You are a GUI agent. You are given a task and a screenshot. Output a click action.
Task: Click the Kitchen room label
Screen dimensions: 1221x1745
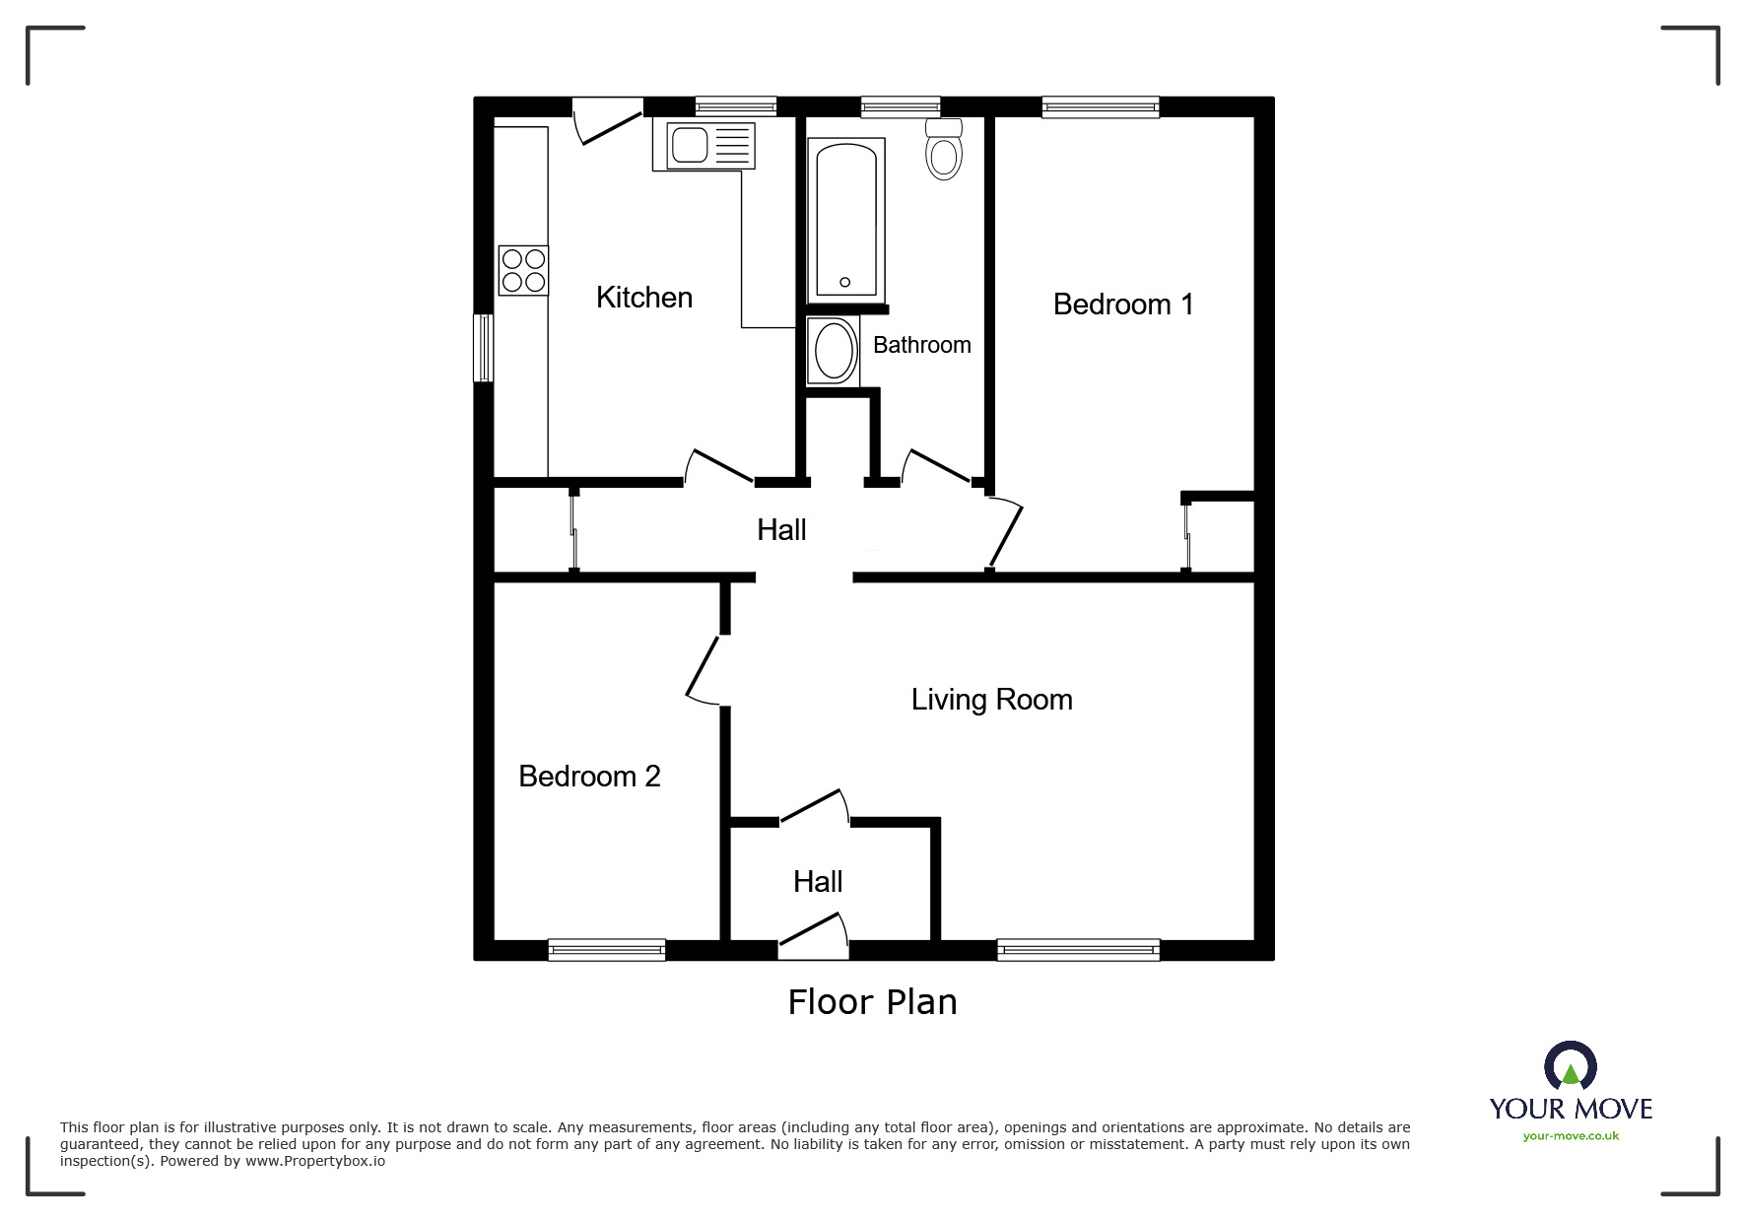click(643, 298)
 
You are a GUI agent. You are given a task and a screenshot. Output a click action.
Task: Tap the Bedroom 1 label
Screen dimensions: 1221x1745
click(1122, 305)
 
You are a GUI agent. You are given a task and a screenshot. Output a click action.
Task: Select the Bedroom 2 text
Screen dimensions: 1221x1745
click(589, 777)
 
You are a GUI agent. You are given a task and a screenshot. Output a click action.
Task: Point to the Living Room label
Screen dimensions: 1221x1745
click(991, 700)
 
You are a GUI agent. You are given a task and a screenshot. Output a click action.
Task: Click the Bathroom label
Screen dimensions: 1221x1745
click(921, 345)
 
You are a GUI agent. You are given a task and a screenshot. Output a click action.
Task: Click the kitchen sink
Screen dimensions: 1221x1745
click(703, 146)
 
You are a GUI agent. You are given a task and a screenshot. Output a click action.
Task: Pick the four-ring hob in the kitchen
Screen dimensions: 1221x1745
click(523, 270)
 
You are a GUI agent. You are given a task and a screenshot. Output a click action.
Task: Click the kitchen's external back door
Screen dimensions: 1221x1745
click(606, 120)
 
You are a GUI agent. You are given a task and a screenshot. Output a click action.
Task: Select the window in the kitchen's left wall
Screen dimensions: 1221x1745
click(483, 348)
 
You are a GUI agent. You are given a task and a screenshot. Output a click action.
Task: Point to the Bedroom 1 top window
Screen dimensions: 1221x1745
click(1100, 107)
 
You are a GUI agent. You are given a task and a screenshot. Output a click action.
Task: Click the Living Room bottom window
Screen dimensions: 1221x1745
click(1078, 950)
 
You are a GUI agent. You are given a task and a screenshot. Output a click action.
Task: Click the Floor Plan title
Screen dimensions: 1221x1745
click(872, 1002)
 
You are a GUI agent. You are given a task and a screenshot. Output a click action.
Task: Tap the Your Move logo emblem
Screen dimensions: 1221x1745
click(1570, 1066)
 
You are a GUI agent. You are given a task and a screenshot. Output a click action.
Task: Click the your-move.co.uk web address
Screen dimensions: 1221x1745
click(1571, 1136)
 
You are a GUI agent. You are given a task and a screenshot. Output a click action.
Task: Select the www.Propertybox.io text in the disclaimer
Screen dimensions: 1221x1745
click(315, 1161)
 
